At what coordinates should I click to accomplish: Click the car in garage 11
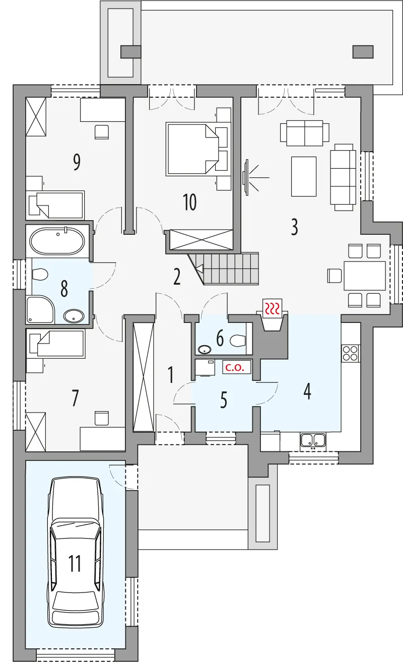(76, 552)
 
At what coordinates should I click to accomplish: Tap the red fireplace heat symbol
(273, 308)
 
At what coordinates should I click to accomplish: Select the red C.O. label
(235, 367)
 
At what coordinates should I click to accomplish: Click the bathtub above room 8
(57, 241)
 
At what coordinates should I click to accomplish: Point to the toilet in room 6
(238, 341)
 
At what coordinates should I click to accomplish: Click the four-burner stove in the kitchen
(351, 354)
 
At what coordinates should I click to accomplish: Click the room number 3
(294, 227)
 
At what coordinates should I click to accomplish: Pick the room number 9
(77, 162)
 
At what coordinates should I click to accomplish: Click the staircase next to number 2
(224, 269)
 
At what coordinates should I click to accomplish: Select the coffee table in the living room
(304, 176)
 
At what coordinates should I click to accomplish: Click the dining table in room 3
(365, 276)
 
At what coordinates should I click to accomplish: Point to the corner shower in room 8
(40, 310)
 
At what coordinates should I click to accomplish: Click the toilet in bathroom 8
(40, 274)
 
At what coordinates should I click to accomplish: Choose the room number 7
(75, 398)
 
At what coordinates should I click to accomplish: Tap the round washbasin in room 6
(205, 350)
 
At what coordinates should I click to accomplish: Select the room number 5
(224, 400)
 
